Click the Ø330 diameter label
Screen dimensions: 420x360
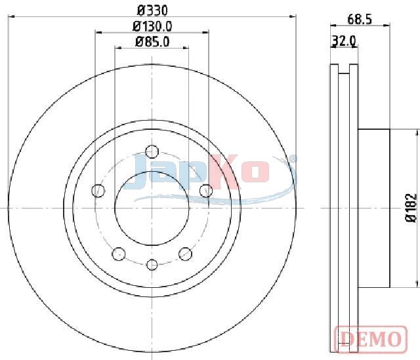coord(152,10)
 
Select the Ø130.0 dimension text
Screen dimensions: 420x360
coord(152,26)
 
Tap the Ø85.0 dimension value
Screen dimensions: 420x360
coord(152,42)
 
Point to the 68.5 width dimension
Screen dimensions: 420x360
coord(360,20)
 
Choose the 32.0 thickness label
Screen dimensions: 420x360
coord(344,41)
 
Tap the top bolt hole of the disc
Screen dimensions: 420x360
coord(152,151)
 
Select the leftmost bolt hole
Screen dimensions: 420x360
coord(98,191)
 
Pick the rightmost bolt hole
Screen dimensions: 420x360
coord(206,191)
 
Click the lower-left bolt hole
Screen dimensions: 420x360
coord(119,254)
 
